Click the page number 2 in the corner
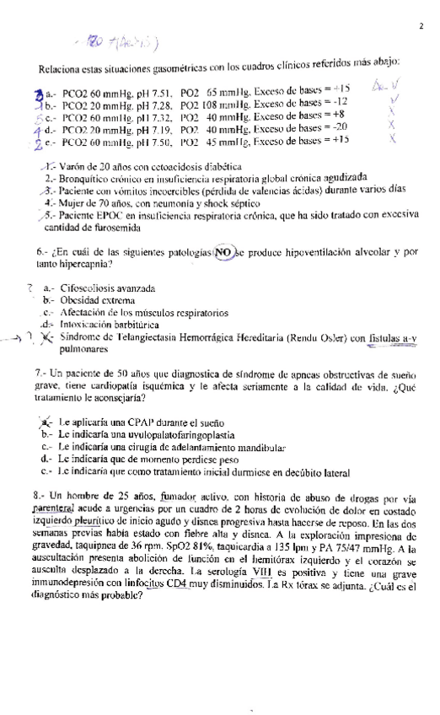point(420,26)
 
